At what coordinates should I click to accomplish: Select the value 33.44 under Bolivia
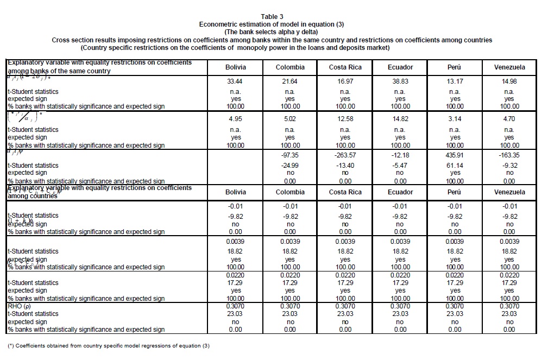pos(235,81)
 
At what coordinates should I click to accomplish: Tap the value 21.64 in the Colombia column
pos(290,81)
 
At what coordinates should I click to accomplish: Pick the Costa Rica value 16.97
pos(345,81)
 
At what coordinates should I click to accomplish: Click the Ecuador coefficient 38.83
pos(400,81)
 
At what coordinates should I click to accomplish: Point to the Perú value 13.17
pos(455,81)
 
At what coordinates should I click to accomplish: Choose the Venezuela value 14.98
pos(509,81)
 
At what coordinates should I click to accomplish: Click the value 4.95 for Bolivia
pos(235,119)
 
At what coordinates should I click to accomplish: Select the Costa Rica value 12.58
pos(345,119)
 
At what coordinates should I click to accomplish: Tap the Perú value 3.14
pos(455,119)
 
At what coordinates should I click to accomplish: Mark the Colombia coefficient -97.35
pos(290,155)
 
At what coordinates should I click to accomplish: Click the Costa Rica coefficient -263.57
pos(345,155)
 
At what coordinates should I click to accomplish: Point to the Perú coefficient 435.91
pos(455,155)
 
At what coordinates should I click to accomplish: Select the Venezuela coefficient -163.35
pos(509,155)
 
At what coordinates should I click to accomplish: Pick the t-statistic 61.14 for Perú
pos(455,165)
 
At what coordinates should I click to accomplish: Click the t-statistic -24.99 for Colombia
pos(290,165)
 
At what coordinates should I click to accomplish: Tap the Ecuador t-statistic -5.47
pos(400,165)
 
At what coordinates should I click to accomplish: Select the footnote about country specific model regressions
pos(108,346)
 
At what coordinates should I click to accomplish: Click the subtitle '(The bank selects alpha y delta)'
pos(275,32)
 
